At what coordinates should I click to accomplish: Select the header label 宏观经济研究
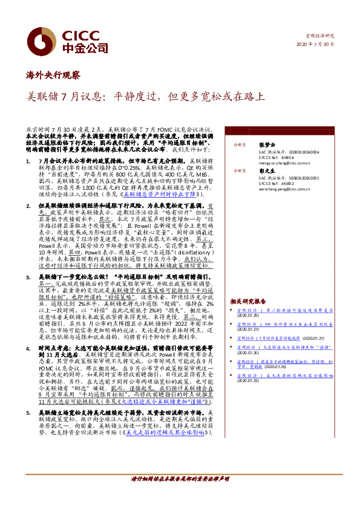point(320,36)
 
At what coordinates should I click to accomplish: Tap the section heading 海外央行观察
point(53,75)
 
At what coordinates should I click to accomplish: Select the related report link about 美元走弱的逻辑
point(284,375)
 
